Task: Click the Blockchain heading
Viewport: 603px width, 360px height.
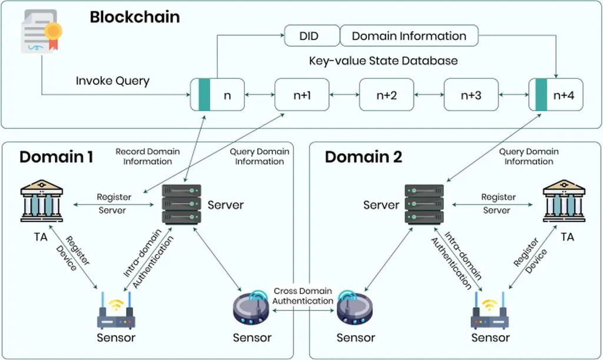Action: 134,17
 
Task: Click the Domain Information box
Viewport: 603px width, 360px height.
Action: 409,36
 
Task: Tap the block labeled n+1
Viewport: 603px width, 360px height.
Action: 301,94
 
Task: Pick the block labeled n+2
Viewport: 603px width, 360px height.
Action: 386,94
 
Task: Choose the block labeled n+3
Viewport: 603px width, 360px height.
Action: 471,94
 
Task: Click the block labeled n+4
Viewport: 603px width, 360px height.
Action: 556,94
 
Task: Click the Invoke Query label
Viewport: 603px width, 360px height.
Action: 112,81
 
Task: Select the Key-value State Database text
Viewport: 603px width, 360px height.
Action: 383,61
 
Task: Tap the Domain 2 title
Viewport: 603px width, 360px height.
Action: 363,157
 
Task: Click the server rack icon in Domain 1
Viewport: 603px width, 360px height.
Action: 181,204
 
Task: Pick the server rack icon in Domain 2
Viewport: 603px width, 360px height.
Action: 424,204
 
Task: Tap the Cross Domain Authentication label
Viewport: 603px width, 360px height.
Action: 303,296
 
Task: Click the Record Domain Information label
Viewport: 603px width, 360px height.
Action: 147,156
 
